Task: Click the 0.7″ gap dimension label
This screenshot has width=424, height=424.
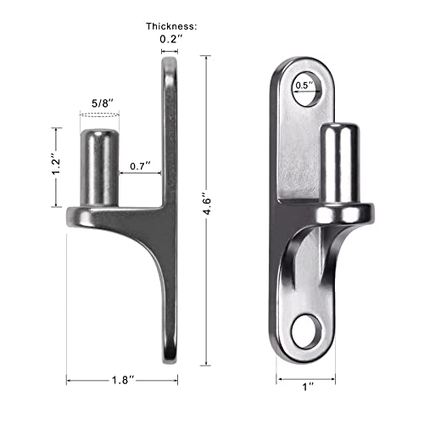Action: click(x=141, y=165)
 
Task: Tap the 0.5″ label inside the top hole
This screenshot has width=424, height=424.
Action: click(x=303, y=86)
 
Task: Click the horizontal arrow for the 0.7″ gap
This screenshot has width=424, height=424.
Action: click(x=141, y=176)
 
